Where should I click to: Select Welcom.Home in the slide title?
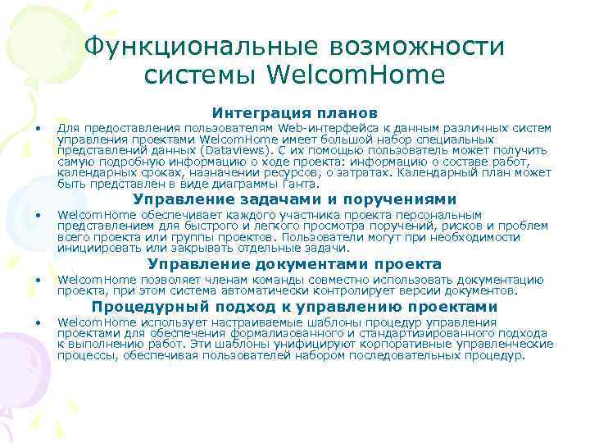point(357,75)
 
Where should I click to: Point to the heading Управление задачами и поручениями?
point(295,199)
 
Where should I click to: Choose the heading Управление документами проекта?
point(295,264)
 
